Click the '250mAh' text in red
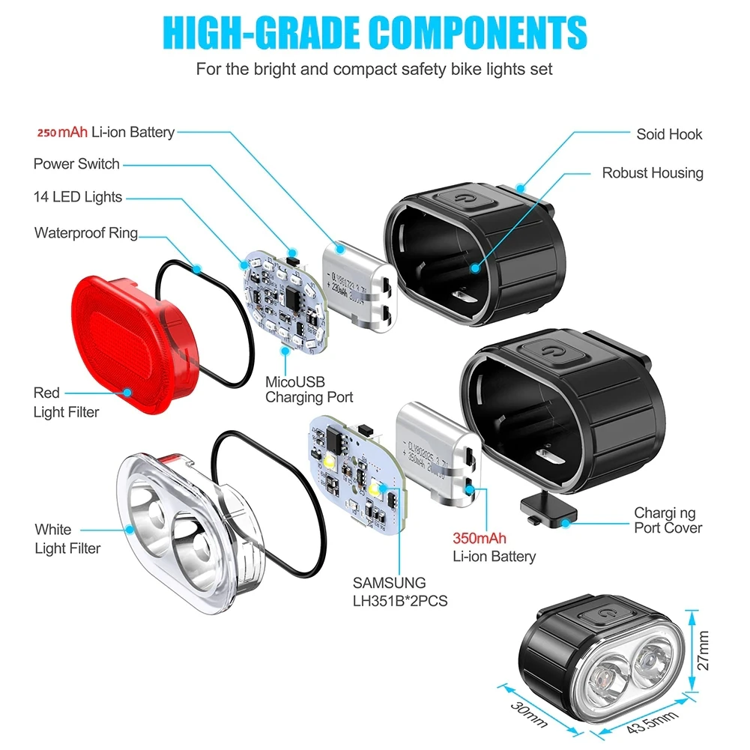click(x=62, y=133)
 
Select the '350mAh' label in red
click(x=479, y=538)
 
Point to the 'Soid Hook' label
click(x=669, y=134)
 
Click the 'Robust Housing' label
click(x=652, y=173)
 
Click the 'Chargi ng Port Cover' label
click(x=668, y=521)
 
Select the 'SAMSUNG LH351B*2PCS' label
click(x=400, y=591)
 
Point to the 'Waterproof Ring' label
click(x=86, y=232)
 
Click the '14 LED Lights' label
click(x=78, y=197)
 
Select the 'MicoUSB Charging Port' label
click(x=309, y=389)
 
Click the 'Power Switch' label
click(x=76, y=163)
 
